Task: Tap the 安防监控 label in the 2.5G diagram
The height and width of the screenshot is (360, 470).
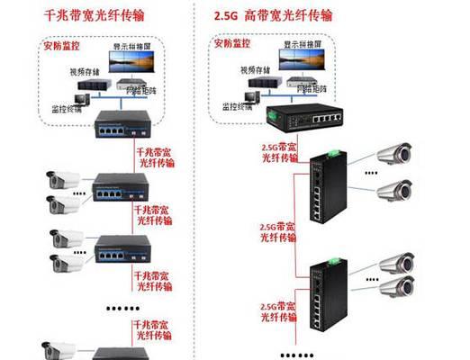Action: [x=231, y=44]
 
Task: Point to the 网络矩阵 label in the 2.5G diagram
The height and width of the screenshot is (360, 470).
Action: [x=310, y=90]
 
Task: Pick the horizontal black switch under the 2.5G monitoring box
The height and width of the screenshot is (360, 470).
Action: [x=303, y=115]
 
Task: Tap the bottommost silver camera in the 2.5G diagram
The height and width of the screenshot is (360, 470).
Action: [x=394, y=287]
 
